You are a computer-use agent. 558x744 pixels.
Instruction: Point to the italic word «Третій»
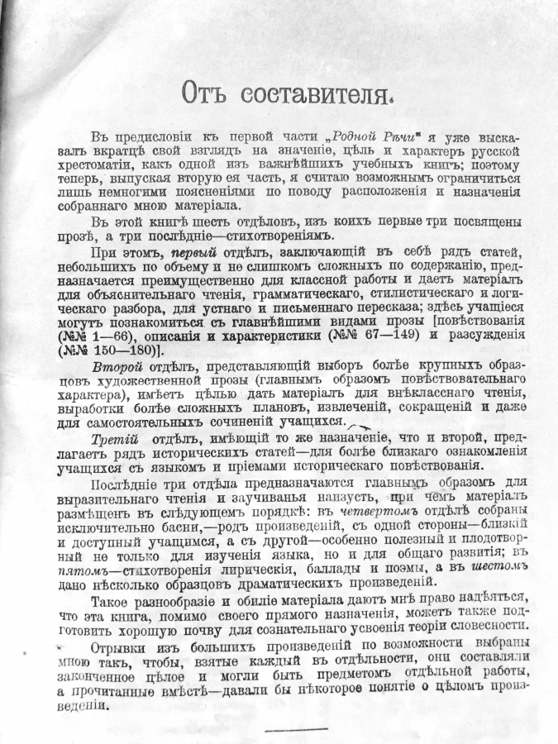[115, 437]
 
